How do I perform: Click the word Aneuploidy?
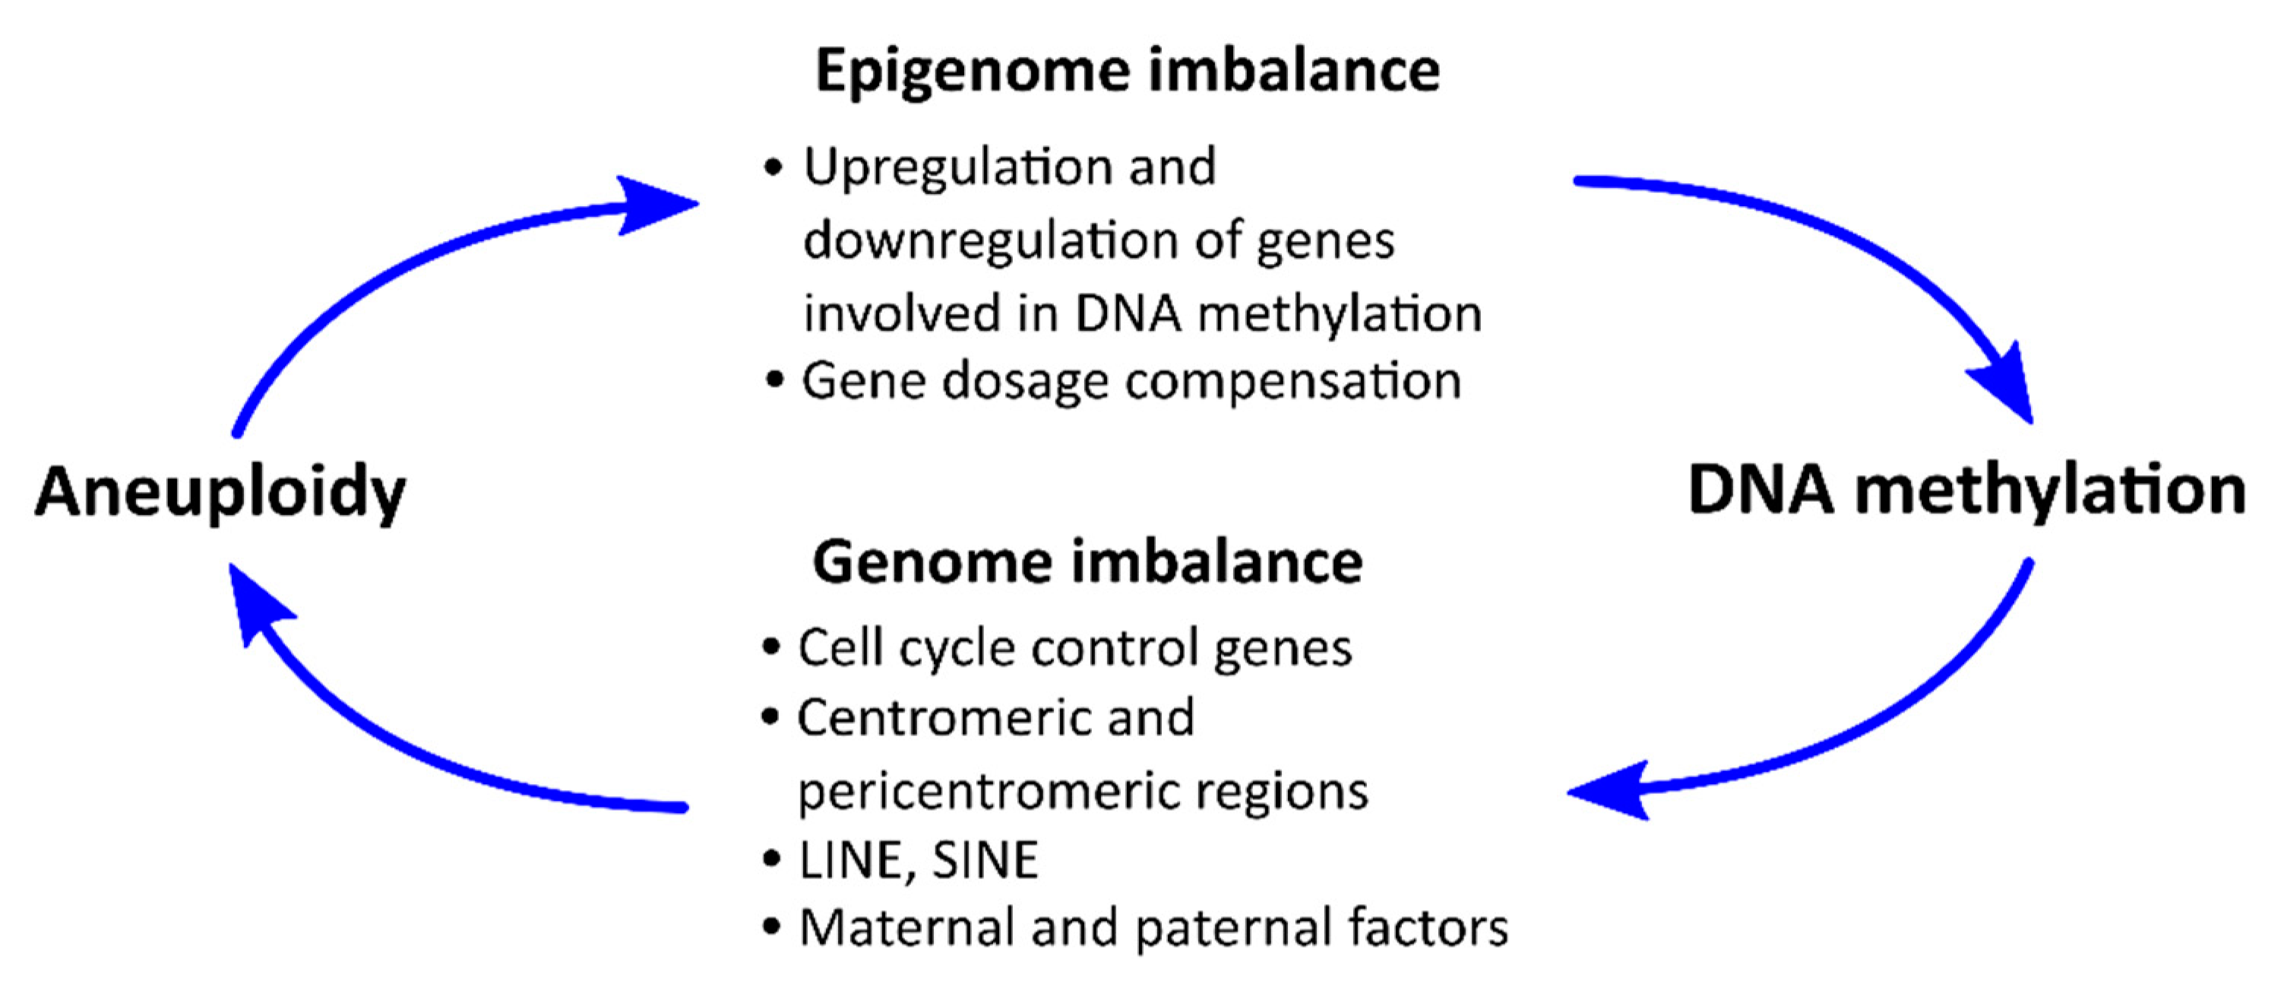pos(220,492)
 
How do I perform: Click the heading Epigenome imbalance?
pos(1126,71)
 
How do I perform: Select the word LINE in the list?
pos(851,860)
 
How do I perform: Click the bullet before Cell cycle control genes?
pos(771,648)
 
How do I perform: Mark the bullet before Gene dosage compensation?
pos(775,382)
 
